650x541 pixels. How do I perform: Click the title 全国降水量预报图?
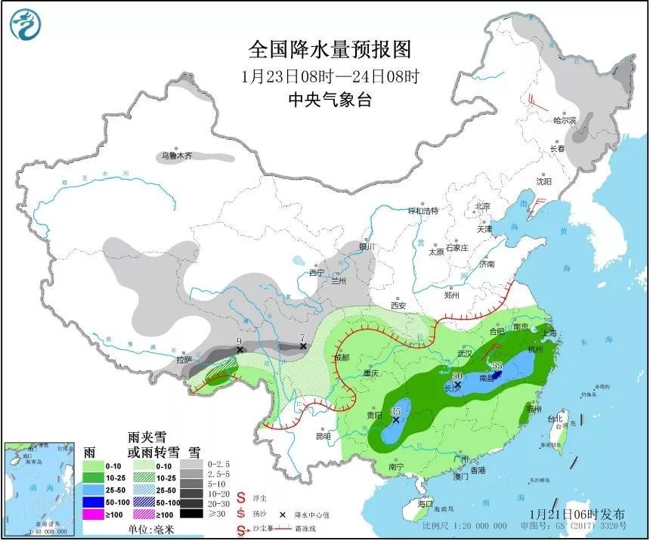pos(330,50)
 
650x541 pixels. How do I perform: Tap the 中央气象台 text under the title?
pos(330,100)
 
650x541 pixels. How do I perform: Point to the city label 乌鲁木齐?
pos(175,156)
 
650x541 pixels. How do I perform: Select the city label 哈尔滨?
pos(564,120)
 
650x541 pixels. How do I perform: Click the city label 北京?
pos(481,206)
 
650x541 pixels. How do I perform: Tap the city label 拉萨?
pos(184,360)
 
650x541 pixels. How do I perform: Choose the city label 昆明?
pos(323,436)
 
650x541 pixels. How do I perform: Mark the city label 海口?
pos(426,503)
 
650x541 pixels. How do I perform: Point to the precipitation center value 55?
pos(497,365)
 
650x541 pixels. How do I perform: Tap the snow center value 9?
pos(239,341)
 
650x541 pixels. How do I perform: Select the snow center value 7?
pos(302,337)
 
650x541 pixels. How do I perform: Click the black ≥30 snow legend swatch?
pos(194,513)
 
